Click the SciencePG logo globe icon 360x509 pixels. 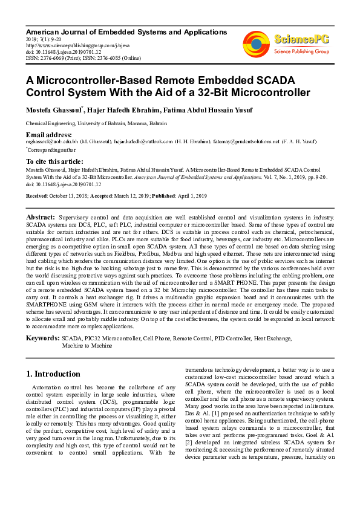[x=256, y=42]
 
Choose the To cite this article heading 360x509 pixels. [x=55, y=161]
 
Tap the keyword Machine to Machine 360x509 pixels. [x=87, y=346]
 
